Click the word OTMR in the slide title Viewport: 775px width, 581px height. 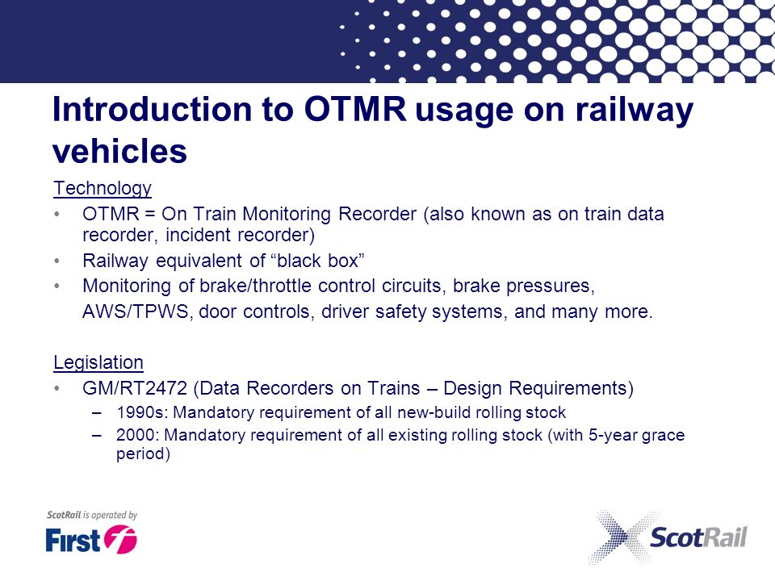pos(355,109)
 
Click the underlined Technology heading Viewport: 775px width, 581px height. pos(103,189)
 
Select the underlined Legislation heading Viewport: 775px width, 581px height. pos(98,362)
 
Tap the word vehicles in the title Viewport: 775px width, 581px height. pos(119,151)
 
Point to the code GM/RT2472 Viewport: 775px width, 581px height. pos(135,388)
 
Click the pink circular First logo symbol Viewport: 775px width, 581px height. pos(120,538)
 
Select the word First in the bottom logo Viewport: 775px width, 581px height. pos(73,540)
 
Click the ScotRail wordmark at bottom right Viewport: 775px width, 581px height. pos(698,537)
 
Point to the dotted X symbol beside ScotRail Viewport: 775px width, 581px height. pos(622,537)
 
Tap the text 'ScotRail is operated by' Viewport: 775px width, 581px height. pos(92,515)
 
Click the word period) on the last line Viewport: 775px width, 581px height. pos(144,454)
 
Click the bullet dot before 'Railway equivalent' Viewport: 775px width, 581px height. pos(57,261)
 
